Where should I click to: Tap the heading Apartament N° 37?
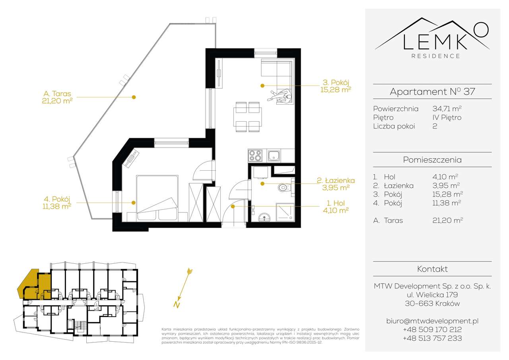click(432, 92)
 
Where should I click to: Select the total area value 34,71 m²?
click(447, 109)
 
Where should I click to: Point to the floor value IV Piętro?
click(447, 117)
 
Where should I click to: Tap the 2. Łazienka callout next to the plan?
click(336, 184)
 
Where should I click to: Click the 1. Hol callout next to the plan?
click(336, 206)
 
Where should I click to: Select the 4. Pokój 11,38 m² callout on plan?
click(58, 202)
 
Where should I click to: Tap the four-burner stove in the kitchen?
click(255, 156)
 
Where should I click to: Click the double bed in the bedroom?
click(157, 198)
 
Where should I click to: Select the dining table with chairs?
click(247, 117)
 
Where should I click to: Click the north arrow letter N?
click(175, 305)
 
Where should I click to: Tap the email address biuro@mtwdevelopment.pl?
click(432, 321)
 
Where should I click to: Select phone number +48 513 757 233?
click(432, 339)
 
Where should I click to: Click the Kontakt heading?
click(432, 269)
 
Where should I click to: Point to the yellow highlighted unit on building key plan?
click(34, 284)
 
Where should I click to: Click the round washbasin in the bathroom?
click(263, 217)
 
